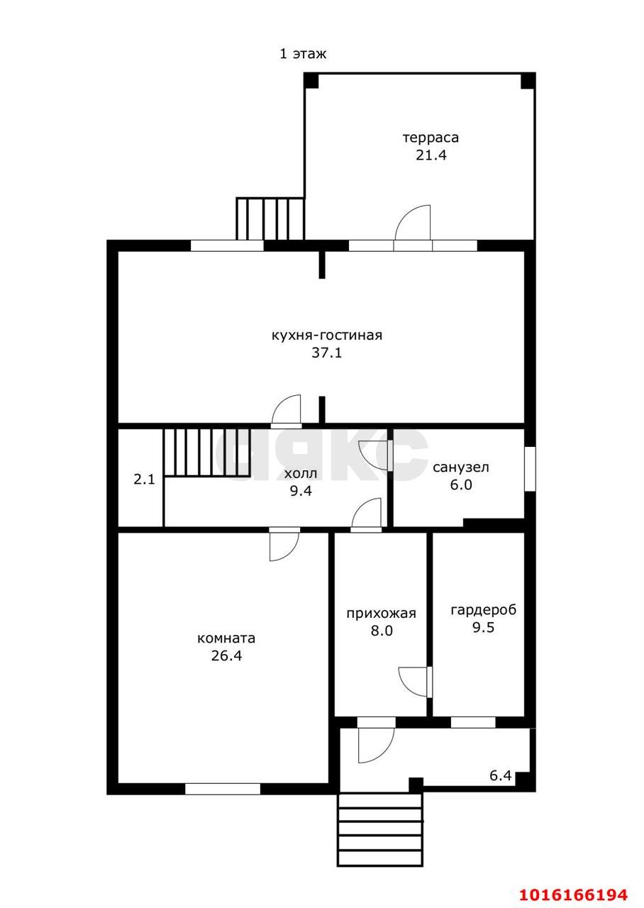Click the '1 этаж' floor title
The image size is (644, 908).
303,54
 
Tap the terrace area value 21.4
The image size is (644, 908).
431,155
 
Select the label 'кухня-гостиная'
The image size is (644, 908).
327,336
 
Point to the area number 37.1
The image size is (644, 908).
327,353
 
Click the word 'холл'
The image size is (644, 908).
301,473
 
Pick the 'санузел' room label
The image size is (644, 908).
461,467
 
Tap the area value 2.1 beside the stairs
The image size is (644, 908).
144,480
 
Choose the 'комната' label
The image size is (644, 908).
226,638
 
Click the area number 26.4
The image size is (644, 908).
226,655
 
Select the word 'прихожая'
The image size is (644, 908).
382,614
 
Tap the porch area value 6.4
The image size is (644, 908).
501,776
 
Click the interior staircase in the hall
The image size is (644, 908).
207,453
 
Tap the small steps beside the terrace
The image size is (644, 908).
270,219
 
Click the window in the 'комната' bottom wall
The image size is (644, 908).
223,789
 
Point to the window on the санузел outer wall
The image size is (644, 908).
530,469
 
